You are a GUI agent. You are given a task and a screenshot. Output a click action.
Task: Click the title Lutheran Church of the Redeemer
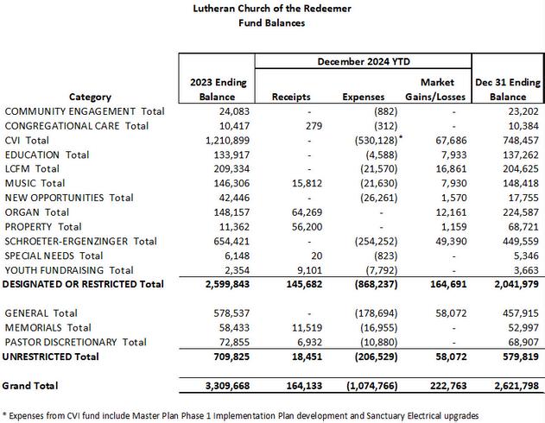click(x=272, y=9)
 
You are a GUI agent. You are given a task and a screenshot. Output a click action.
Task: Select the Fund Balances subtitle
click(x=272, y=23)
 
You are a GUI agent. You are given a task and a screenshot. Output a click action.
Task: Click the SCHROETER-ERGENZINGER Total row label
click(x=80, y=241)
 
